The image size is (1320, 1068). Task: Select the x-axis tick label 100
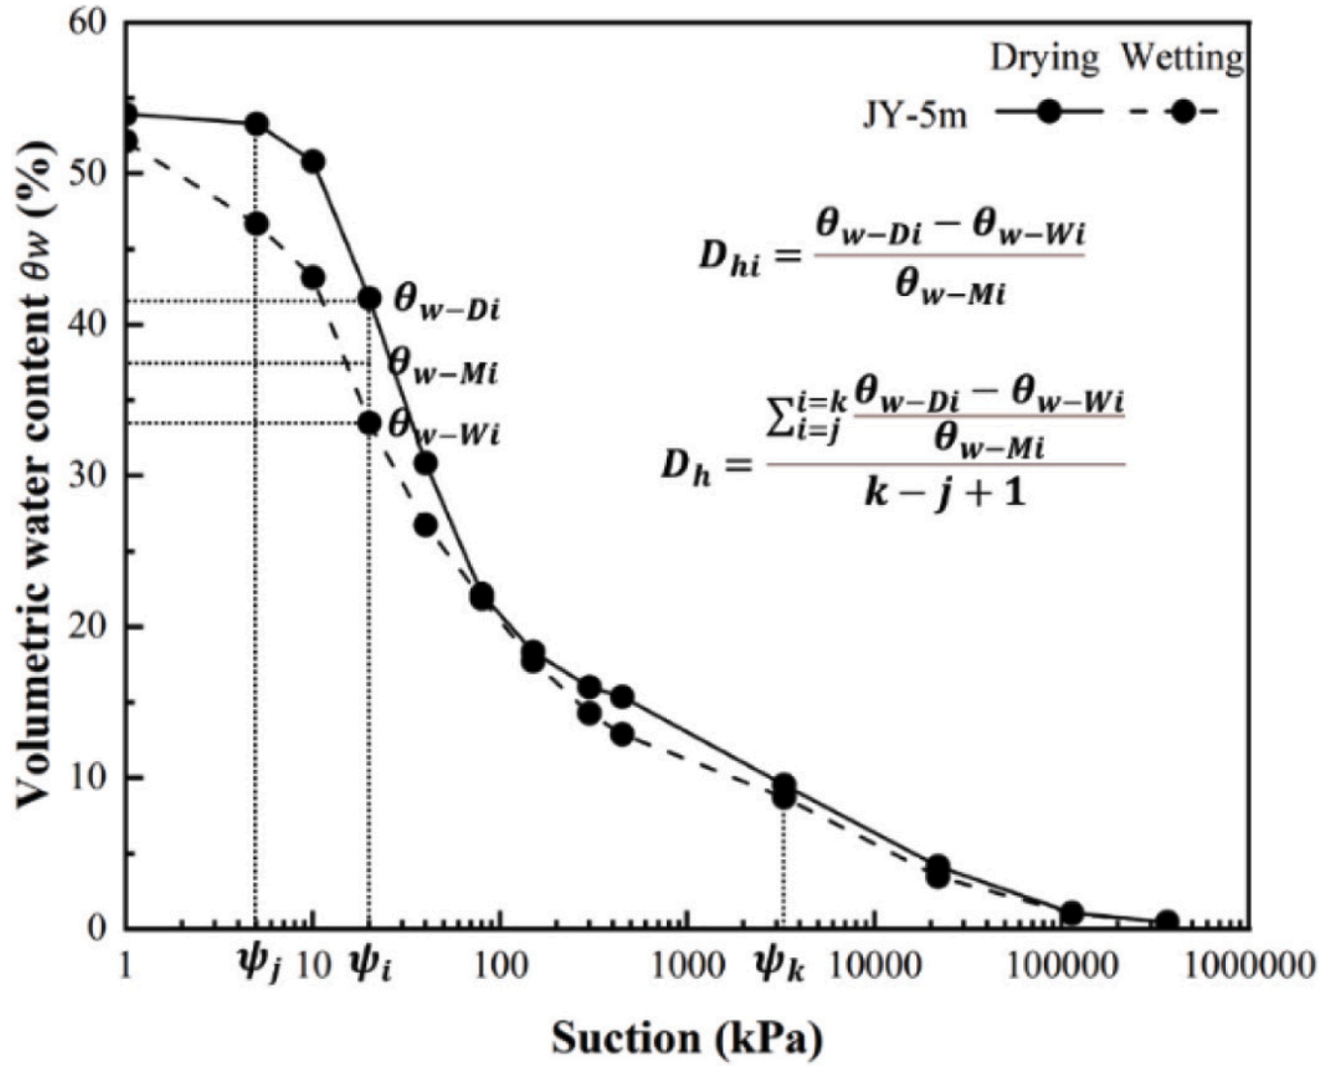[x=501, y=966]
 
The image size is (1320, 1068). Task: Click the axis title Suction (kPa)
[x=687, y=1038]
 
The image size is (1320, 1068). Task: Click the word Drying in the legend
[x=1044, y=58]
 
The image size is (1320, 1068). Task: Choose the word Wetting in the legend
[x=1182, y=58]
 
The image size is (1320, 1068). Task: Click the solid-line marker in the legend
[x=1048, y=112]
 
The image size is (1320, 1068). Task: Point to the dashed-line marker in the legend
[x=1182, y=112]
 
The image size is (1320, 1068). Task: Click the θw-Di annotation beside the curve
[x=446, y=302]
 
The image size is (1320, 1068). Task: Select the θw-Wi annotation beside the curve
[x=444, y=427]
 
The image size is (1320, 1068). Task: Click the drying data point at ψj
[x=256, y=124]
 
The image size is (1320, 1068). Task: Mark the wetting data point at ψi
[x=369, y=423]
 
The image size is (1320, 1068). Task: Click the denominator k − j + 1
[x=944, y=494]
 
